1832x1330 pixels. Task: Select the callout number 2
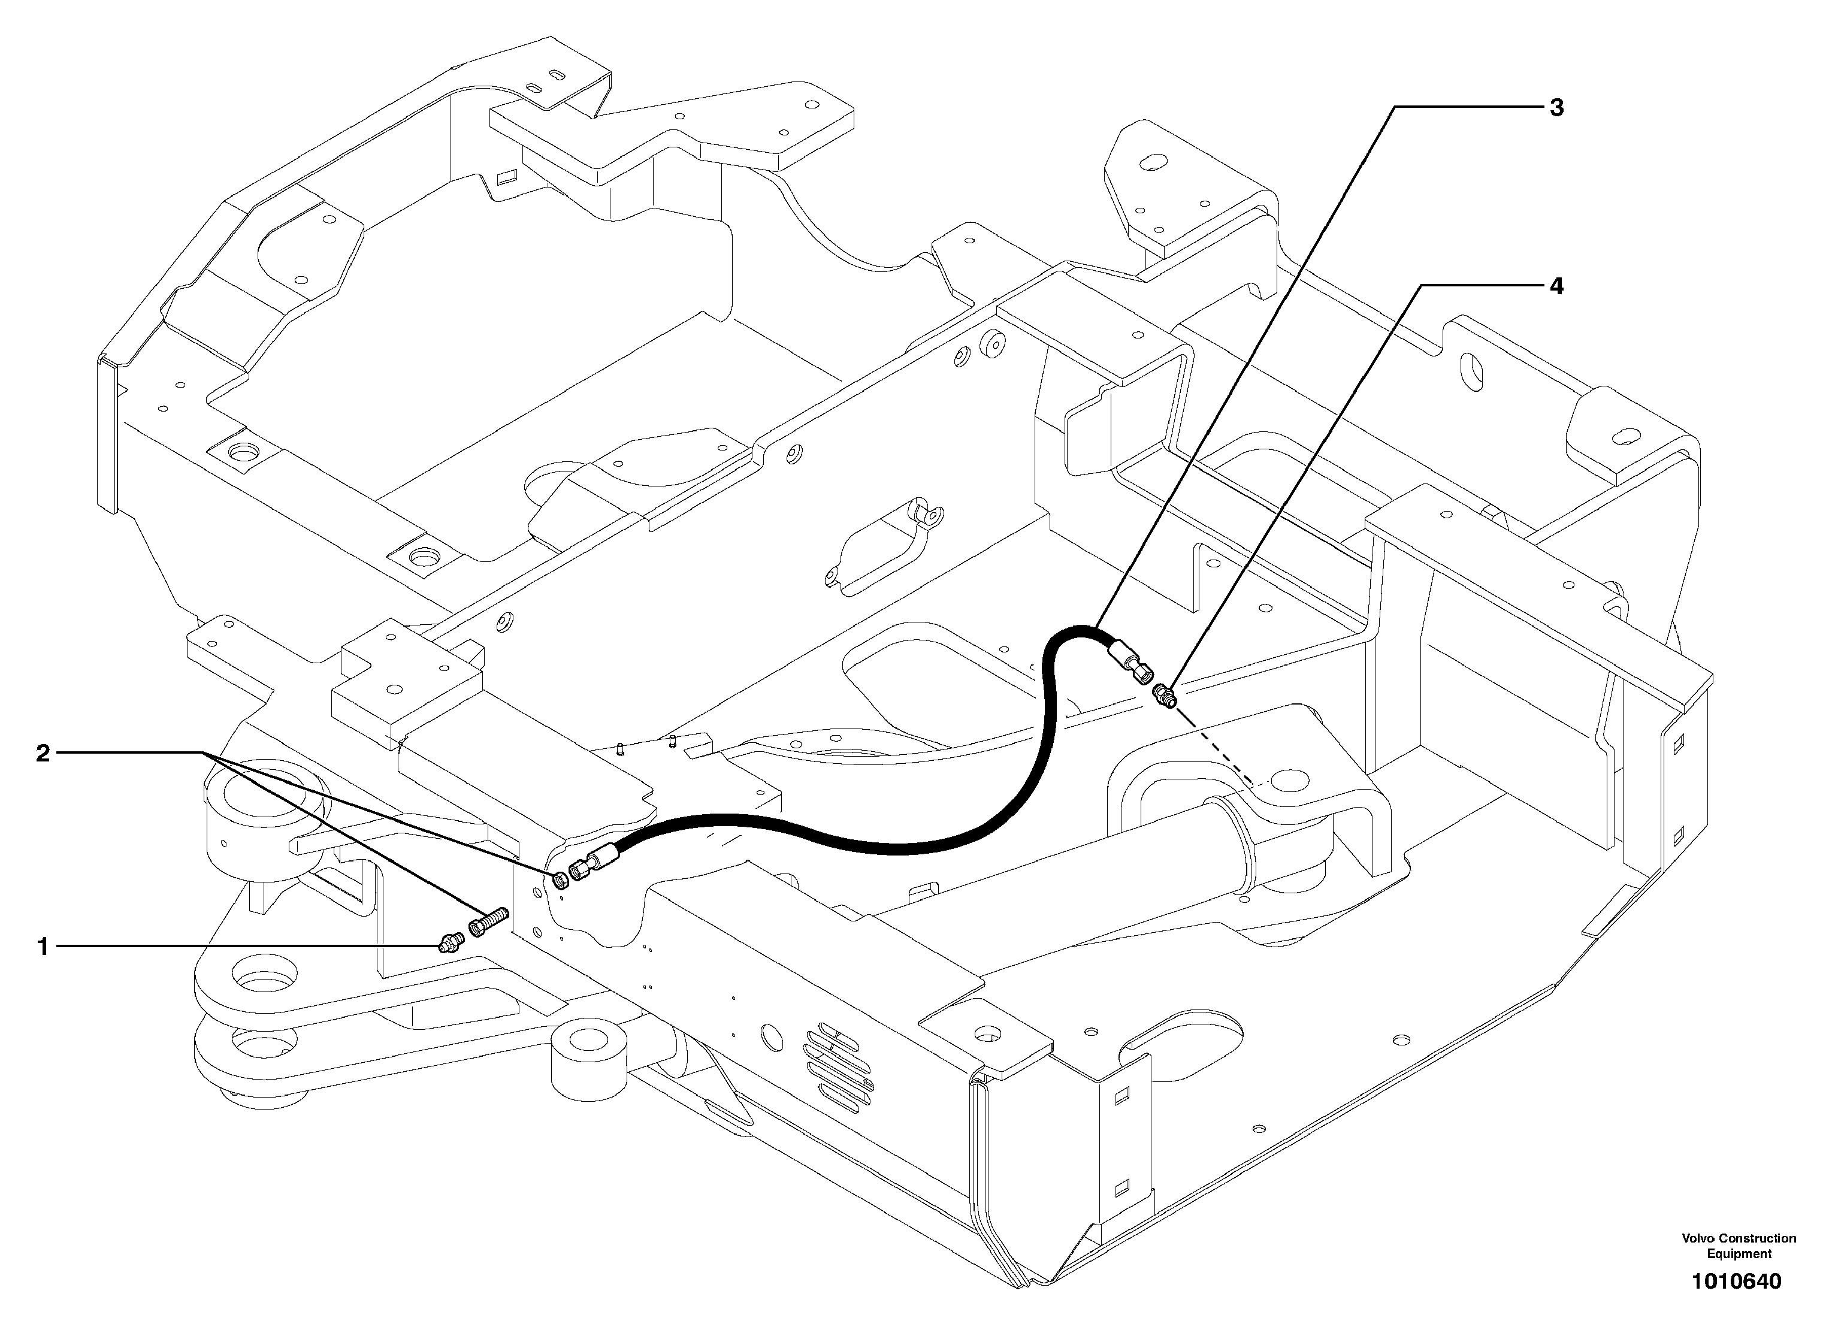43,754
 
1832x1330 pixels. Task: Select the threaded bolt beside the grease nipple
488,923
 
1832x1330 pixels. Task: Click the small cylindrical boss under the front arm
589,1055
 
